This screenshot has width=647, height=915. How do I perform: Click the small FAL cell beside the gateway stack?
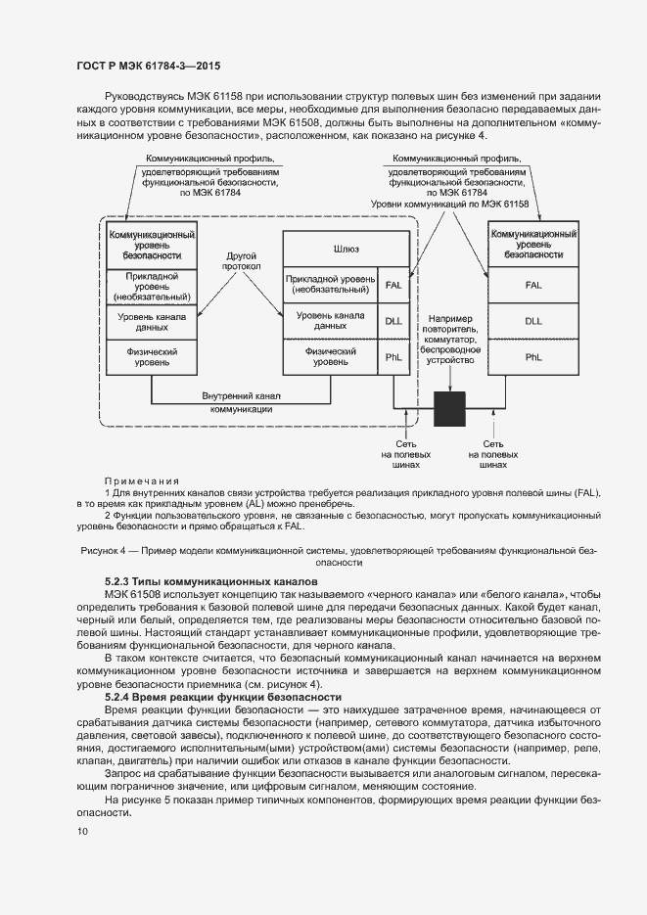tap(394, 285)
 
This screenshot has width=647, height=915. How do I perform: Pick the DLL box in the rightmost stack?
tap(532, 320)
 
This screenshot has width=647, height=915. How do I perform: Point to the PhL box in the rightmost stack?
tap(532, 357)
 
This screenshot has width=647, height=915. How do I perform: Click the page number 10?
tap(82, 831)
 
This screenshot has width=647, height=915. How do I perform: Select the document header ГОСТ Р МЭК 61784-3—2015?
tap(148, 66)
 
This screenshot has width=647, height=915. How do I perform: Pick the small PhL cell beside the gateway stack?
tap(394, 358)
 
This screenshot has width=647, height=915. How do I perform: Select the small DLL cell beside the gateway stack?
tap(394, 321)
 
